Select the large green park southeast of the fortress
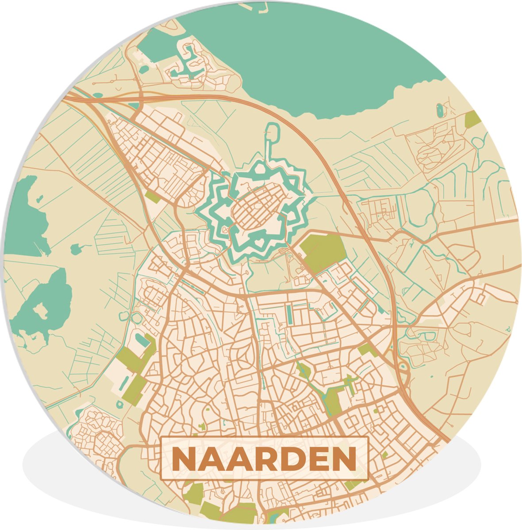(324, 252)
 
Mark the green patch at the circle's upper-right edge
(472, 118)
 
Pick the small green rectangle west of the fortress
(153, 197)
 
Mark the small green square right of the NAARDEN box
(384, 454)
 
